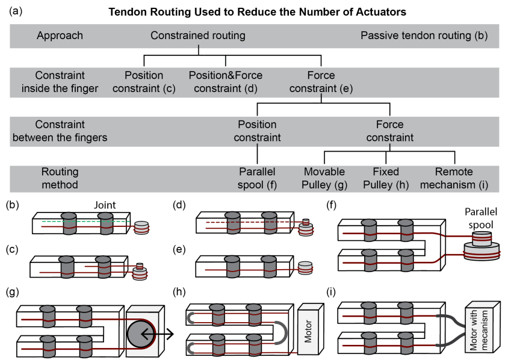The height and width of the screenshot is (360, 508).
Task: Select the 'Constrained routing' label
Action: tap(198, 36)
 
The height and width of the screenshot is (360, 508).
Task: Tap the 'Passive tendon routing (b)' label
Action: tap(424, 36)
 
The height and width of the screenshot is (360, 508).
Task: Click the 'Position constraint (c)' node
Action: tap(144, 81)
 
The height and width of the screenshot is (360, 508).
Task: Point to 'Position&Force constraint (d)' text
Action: tap(226, 81)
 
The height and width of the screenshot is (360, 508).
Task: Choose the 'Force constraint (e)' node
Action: tap(321, 81)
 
